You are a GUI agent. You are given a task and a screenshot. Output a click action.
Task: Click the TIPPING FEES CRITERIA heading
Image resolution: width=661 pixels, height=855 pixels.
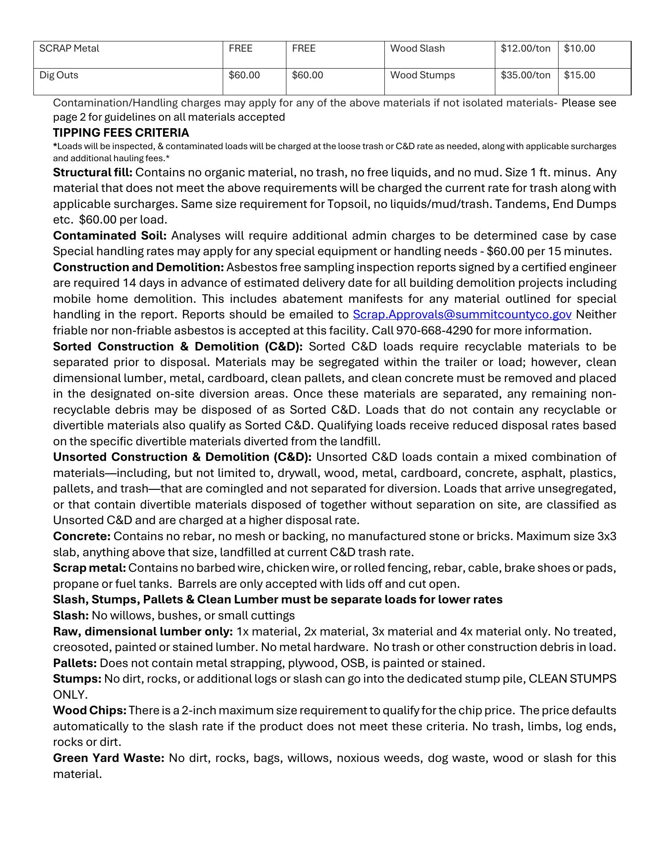click(121, 133)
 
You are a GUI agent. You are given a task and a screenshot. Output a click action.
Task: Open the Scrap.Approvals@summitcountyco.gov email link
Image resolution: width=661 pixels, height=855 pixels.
click(462, 315)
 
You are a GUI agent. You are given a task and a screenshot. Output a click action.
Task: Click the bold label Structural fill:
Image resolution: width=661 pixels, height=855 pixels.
click(93, 173)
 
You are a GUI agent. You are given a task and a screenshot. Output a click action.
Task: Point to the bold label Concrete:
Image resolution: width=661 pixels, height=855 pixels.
click(82, 537)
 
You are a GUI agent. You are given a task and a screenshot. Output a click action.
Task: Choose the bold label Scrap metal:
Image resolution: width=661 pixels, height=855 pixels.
click(90, 568)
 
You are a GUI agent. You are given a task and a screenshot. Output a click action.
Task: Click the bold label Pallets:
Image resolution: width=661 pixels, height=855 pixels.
click(75, 664)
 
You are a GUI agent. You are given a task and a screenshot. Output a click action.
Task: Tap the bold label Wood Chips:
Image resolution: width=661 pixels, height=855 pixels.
click(90, 711)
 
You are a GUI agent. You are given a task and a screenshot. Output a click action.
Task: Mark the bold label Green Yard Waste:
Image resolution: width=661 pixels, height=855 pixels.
click(109, 758)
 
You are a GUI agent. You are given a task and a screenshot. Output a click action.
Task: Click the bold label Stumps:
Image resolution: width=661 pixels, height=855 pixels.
click(77, 679)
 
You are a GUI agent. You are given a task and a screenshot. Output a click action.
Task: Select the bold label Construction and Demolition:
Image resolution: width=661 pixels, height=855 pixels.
click(138, 268)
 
